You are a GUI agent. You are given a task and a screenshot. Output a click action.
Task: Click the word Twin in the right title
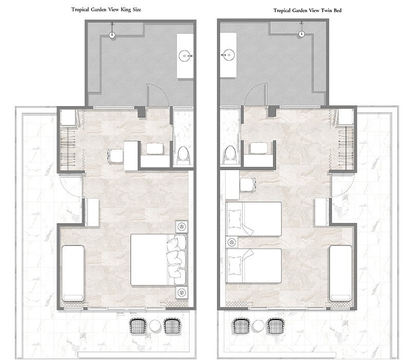click(x=327, y=10)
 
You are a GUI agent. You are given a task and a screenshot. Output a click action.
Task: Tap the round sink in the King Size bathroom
click(x=185, y=56)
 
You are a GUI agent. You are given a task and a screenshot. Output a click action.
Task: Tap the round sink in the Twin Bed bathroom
click(x=229, y=55)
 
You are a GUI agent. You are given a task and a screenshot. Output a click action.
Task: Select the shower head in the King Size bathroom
click(x=112, y=34)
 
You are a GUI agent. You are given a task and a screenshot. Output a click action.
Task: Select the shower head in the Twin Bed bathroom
click(x=302, y=33)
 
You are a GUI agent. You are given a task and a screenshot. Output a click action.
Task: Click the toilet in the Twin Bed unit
click(x=230, y=153)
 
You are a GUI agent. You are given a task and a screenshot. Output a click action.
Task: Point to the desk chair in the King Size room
click(x=115, y=155)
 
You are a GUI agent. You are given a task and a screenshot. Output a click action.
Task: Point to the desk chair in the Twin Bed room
click(x=248, y=185)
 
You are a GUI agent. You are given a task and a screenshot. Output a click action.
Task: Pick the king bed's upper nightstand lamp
click(x=182, y=226)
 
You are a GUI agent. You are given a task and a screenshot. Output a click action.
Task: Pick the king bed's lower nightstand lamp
click(x=182, y=292)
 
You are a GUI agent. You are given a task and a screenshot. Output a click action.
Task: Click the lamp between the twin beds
click(x=232, y=242)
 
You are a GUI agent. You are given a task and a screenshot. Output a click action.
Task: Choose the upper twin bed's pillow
click(x=235, y=219)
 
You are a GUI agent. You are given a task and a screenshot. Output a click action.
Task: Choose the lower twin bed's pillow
click(x=235, y=266)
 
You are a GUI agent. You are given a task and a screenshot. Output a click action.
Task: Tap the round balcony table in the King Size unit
click(x=155, y=326)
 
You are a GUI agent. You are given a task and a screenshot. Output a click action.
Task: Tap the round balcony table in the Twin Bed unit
click(x=258, y=326)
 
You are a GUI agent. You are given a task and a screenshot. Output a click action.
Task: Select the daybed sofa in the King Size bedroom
click(x=73, y=273)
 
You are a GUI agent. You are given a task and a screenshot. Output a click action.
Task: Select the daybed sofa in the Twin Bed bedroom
click(x=341, y=273)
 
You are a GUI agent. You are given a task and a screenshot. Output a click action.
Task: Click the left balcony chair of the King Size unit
click(x=138, y=326)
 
